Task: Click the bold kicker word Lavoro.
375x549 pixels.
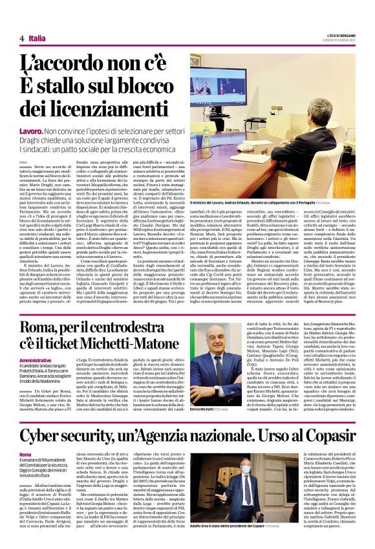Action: (x=32, y=131)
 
